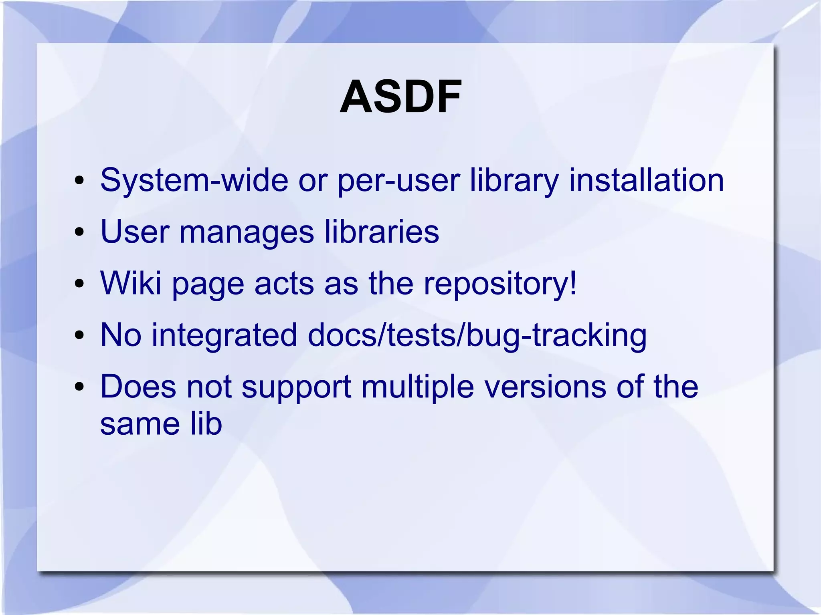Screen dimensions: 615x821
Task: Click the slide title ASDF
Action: pyautogui.click(x=400, y=97)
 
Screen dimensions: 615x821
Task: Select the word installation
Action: pyautogui.click(x=646, y=180)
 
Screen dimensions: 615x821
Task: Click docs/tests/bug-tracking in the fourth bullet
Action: pyautogui.click(x=477, y=336)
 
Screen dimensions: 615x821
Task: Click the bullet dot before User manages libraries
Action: pyautogui.click(x=79, y=232)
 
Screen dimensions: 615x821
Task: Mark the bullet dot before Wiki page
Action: pyautogui.click(x=79, y=284)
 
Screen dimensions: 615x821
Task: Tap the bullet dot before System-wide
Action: pyautogui.click(x=79, y=181)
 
